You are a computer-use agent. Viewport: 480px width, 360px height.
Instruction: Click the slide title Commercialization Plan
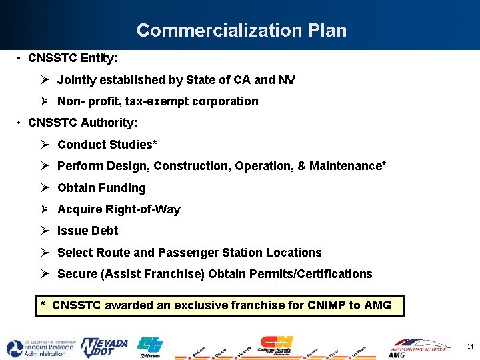coord(241,31)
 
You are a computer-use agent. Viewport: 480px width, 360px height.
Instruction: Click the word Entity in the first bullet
coord(97,59)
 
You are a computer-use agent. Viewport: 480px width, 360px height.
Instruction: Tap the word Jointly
coord(78,80)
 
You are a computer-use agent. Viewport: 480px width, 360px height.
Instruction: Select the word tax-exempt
coord(155,101)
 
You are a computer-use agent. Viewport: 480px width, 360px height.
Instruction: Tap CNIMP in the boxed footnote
coord(326,305)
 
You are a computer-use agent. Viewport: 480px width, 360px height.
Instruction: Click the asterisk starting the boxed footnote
coord(43,305)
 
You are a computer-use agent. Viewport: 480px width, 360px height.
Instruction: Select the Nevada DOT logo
coord(104,347)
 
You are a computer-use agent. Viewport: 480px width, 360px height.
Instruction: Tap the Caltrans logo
coord(149,347)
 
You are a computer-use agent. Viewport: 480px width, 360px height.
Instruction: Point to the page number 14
coord(470,347)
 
